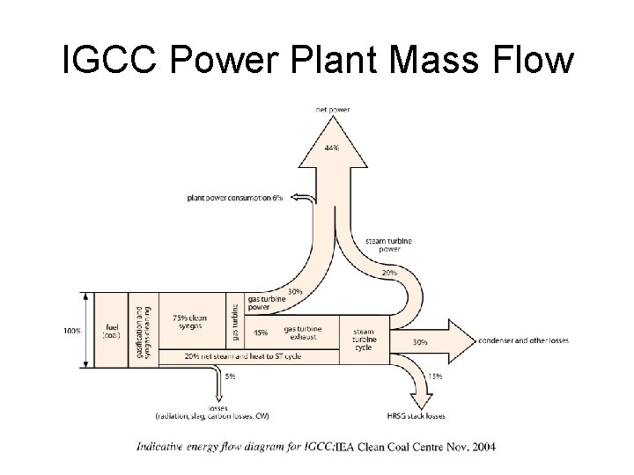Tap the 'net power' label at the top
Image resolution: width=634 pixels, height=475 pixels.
[333, 110]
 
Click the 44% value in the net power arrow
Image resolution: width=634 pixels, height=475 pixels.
[332, 149]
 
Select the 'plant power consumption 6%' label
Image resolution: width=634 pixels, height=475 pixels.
[235, 198]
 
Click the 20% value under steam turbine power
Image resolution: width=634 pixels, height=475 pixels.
[388, 273]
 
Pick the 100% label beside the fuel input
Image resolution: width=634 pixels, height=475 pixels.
[72, 331]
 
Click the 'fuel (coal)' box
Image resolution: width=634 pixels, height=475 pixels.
[112, 330]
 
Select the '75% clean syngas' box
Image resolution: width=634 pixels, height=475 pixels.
[190, 322]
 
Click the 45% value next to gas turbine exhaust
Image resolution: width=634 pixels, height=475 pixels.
[261, 332]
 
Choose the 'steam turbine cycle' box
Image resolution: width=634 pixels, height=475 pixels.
[363, 335]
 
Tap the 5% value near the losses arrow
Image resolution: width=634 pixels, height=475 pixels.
[230, 376]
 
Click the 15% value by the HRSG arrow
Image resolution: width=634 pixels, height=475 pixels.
[434, 376]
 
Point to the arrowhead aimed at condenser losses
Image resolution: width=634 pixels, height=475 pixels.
[460, 340]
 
